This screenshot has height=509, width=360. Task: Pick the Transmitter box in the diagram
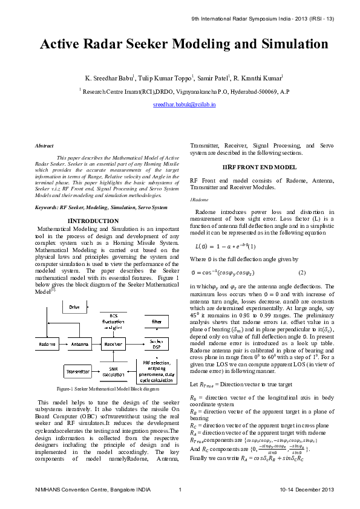pos(78,371)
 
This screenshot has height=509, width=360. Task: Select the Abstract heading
pos(44,146)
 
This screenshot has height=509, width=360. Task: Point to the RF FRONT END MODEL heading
pos(250,167)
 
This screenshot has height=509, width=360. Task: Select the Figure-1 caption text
pos(107,389)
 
